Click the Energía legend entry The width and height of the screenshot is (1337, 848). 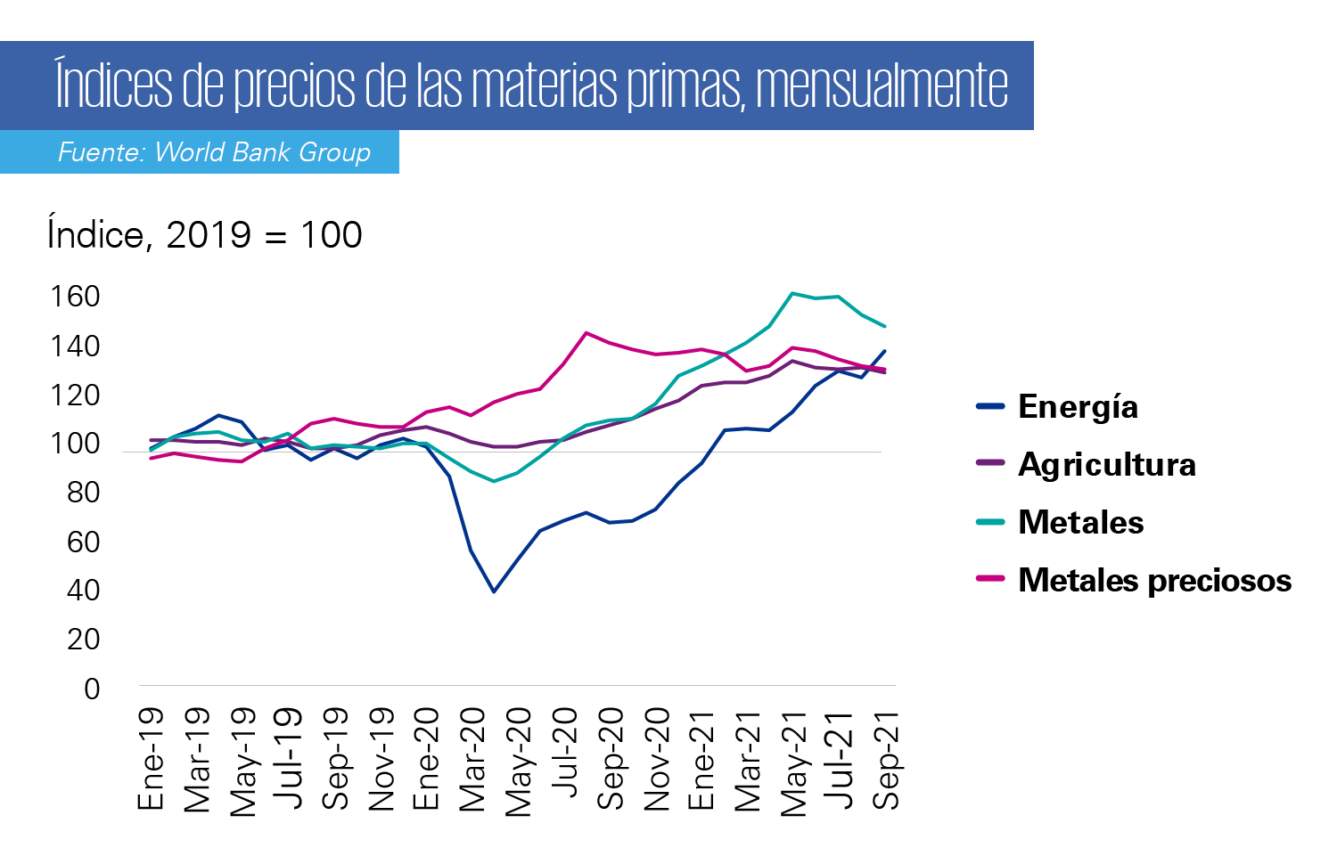coord(1057,407)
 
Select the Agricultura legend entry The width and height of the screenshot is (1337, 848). coord(1086,464)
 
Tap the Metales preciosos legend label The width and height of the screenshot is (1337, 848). coord(1155,580)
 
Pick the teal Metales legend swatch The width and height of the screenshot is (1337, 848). coord(991,522)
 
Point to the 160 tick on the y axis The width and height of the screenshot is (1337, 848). coord(75,297)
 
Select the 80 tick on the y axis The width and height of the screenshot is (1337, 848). coord(84,493)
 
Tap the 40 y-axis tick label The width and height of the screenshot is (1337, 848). coord(84,591)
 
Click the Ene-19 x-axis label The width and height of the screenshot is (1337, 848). coord(150,759)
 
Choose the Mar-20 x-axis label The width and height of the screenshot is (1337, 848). coord(472,760)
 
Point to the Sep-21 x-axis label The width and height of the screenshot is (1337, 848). coord(885,760)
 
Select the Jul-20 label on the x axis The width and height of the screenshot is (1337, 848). coord(563,754)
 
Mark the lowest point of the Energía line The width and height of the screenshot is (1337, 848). coord(494,591)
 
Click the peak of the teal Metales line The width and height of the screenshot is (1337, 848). coord(792,293)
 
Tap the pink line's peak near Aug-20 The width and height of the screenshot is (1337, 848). coord(586,333)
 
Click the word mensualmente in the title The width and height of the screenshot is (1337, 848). coord(882,86)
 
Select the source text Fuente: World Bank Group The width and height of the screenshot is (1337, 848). coord(214,152)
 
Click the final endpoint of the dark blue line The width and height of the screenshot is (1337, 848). coord(884,351)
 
